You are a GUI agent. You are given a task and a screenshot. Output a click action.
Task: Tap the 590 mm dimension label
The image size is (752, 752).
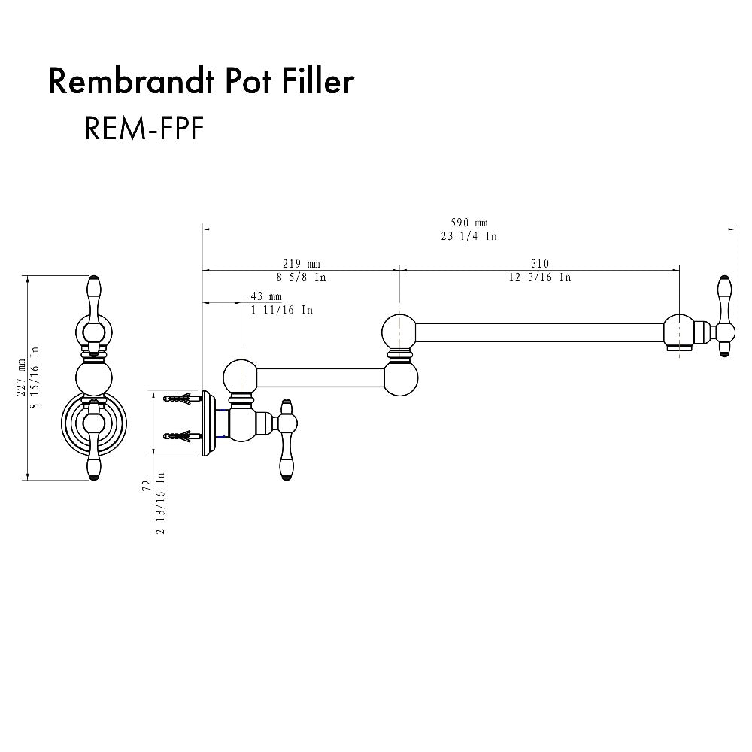coord(469,223)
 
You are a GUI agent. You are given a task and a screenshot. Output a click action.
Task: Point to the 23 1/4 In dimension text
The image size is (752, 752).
coord(469,236)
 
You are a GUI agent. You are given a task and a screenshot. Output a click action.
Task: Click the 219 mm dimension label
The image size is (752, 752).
coord(301,264)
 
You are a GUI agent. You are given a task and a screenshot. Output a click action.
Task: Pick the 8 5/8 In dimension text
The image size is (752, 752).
coord(301,277)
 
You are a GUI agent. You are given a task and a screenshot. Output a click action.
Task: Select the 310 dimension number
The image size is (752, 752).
coord(539,264)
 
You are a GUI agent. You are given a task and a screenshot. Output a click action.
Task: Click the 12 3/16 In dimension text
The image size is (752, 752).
coord(539,277)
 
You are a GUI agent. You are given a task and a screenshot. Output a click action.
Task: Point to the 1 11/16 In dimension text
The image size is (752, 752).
coord(281,310)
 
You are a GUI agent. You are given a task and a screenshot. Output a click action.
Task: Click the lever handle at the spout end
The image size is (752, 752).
coord(725,316)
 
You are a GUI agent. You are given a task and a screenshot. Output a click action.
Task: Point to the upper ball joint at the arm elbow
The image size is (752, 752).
coord(399,330)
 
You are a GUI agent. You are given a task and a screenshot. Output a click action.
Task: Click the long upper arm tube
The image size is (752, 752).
coord(538,332)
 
